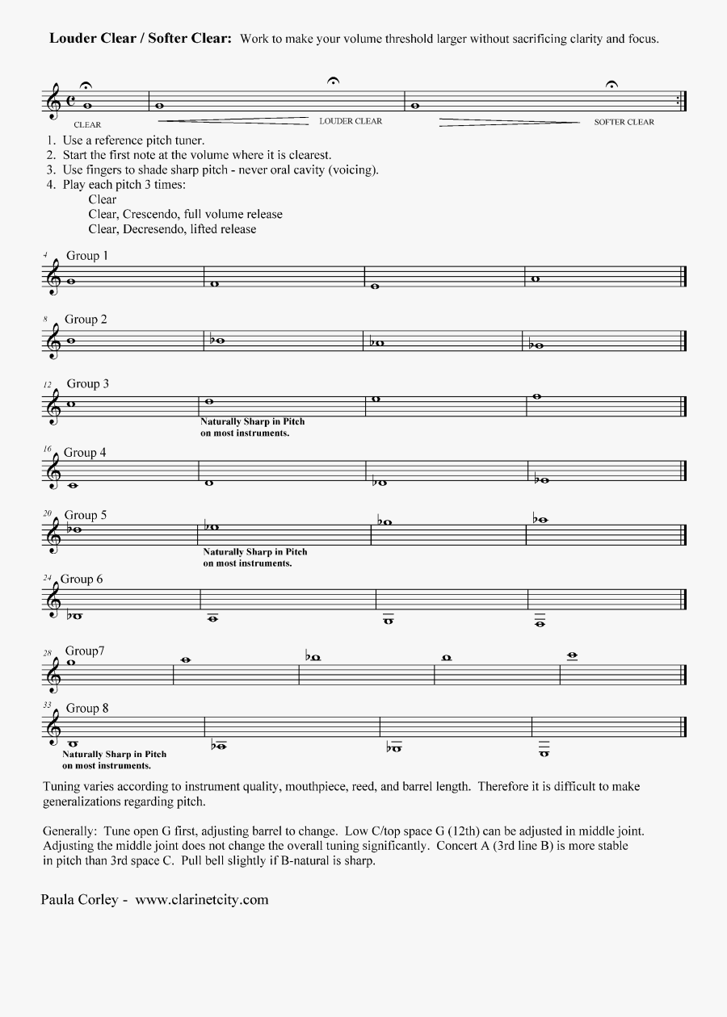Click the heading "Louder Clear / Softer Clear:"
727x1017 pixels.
tap(141, 38)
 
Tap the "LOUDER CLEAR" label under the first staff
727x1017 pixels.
tap(351, 121)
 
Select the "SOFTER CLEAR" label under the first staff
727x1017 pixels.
tap(624, 122)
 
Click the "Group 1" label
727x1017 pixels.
tap(86, 256)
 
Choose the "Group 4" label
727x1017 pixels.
tap(85, 453)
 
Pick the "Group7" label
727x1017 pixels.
tap(85, 651)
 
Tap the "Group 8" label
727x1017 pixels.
tap(86, 708)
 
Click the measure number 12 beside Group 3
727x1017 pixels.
tap(48, 384)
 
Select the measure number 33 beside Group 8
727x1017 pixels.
tap(47, 705)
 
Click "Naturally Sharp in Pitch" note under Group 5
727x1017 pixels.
tap(254, 552)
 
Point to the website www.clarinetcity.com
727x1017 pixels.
tap(201, 899)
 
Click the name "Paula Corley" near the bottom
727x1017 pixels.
tap(78, 899)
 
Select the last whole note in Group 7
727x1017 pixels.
tap(573, 655)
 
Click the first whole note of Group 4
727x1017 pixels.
tap(73, 485)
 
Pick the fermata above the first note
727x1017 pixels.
tap(86, 86)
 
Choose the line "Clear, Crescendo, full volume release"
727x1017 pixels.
tap(186, 214)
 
